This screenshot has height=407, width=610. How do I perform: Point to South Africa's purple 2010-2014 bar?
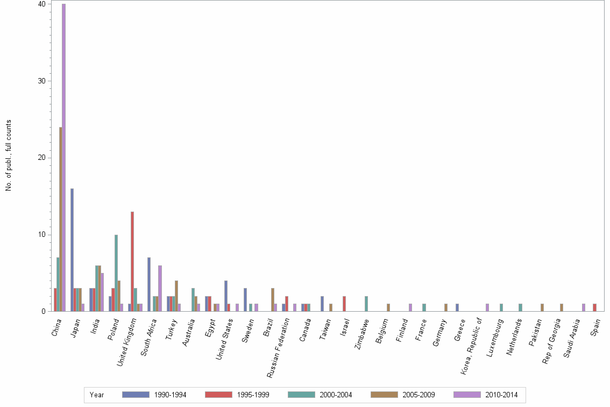[x=160, y=289]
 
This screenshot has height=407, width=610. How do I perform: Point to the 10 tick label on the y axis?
[x=42, y=235]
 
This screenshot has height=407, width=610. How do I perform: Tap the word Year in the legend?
[x=97, y=395]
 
